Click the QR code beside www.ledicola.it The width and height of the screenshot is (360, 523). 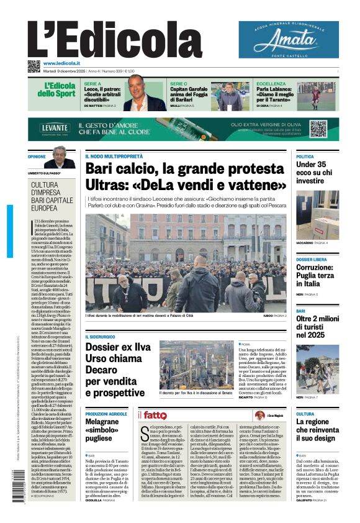34,66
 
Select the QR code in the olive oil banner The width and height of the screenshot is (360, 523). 318,129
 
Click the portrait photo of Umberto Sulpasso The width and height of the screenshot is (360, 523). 59,158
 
